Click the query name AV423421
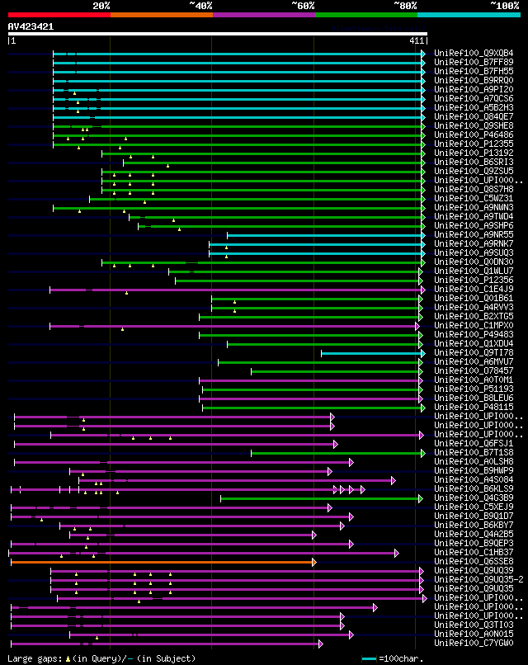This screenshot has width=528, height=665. [31, 26]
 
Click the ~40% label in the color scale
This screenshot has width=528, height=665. [200, 5]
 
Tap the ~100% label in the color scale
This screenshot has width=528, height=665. [504, 5]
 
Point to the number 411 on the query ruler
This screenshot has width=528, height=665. [417, 40]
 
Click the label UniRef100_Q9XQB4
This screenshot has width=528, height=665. [474, 54]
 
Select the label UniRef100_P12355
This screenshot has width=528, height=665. [474, 144]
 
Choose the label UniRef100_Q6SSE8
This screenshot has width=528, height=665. [474, 562]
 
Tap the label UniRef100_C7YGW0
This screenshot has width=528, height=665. [474, 644]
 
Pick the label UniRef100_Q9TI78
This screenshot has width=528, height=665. [474, 353]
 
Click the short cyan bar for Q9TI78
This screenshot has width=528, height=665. [371, 353]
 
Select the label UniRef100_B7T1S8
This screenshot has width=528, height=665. [474, 453]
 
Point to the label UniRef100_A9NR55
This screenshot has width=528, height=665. [474, 235]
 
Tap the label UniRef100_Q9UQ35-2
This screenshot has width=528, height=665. [478, 580]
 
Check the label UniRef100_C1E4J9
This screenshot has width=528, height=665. [474, 290]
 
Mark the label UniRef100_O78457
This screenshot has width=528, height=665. [474, 371]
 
